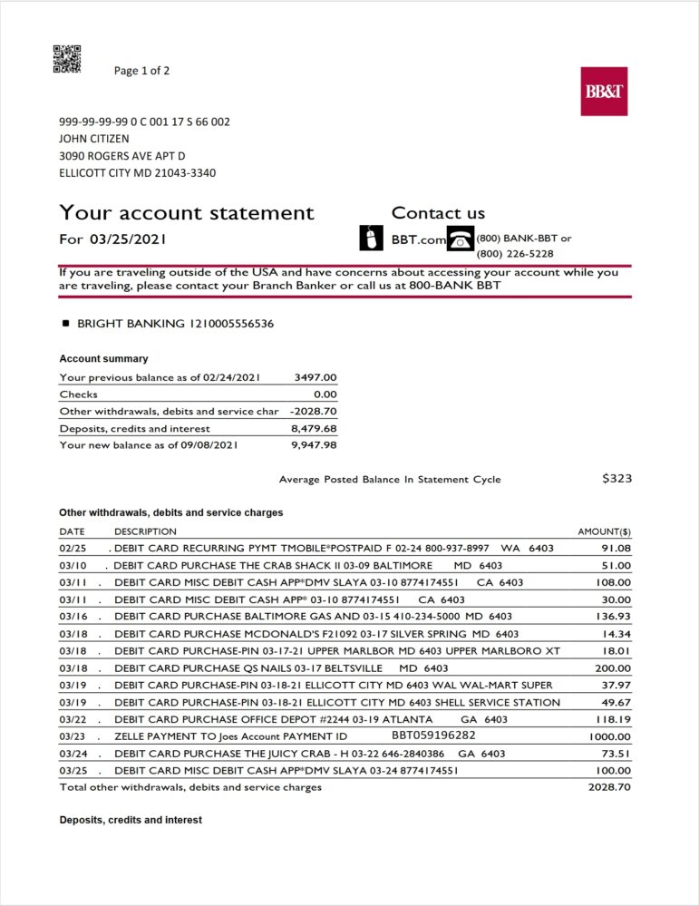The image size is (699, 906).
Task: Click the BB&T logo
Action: tap(604, 92)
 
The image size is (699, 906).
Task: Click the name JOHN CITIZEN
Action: tap(94, 139)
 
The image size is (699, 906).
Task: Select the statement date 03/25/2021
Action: tap(127, 239)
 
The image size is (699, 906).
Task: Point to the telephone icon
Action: tap(461, 238)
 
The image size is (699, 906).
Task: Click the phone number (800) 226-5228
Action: tap(515, 254)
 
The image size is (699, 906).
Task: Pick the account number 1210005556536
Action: tap(231, 324)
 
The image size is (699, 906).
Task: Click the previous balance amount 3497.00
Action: tap(316, 377)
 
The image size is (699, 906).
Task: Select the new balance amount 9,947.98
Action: tap(314, 445)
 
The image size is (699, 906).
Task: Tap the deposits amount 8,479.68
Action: tap(314, 428)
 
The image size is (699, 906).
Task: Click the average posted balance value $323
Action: tap(616, 479)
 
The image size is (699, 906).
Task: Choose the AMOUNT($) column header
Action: tap(604, 531)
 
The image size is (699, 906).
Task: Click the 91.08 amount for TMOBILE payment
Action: tap(616, 549)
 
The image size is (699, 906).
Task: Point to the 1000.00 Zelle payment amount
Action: tap(609, 736)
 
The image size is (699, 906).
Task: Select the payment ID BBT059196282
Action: tap(433, 736)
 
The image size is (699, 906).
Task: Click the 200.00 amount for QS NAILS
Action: tap(613, 668)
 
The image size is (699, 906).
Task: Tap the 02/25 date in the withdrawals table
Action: tap(73, 549)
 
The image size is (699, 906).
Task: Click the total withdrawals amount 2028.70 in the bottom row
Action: tap(609, 787)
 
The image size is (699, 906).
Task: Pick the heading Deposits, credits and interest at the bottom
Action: tap(131, 820)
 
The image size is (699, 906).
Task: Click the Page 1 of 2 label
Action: tap(141, 71)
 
